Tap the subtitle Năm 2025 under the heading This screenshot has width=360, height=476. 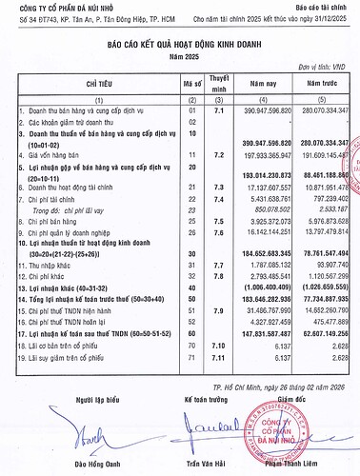click(179, 54)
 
